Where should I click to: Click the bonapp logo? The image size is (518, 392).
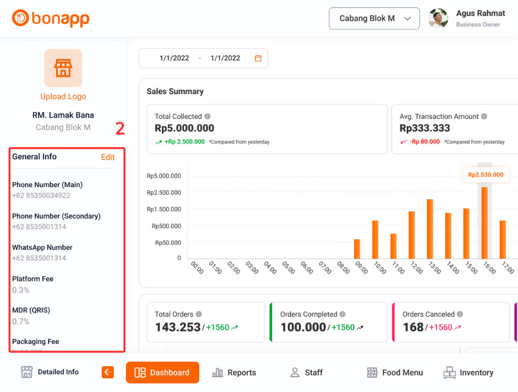tap(51, 19)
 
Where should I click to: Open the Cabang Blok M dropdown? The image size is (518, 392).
tap(374, 19)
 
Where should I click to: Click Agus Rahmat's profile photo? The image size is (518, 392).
tap(438, 19)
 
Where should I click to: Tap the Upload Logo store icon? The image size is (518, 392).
tap(63, 68)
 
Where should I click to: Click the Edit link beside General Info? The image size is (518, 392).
tap(108, 157)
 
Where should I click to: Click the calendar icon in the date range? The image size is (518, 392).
tap(258, 58)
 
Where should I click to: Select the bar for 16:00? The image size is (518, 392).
tap(485, 223)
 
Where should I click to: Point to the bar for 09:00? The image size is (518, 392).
tap(357, 249)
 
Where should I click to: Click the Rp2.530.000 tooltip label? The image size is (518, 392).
tap(486, 175)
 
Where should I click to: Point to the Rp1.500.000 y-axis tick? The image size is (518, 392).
tap(163, 209)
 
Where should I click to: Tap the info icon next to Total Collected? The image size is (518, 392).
tap(207, 116)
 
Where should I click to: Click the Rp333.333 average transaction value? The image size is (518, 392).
tap(425, 128)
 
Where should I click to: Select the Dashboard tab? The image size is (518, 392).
tap(162, 373)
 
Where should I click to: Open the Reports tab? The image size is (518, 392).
tap(234, 373)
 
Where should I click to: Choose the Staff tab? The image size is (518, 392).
tap(306, 373)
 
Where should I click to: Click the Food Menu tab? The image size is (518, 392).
tap(395, 373)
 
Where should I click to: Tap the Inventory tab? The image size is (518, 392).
tap(468, 373)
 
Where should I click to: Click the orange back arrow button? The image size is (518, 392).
tap(108, 372)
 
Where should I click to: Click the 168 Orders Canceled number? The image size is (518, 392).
tap(413, 327)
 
